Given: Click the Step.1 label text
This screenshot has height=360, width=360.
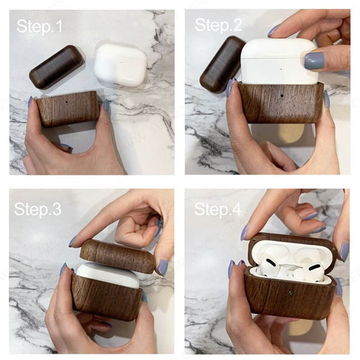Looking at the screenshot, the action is pyautogui.click(x=40, y=26).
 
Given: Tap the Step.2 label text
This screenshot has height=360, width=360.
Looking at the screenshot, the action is pyautogui.click(x=219, y=25).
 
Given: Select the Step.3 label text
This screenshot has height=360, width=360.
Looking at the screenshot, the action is pyautogui.click(x=37, y=209).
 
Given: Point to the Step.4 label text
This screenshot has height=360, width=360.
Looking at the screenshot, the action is pyautogui.click(x=218, y=209).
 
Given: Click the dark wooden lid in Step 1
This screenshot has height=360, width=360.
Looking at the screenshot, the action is pyautogui.click(x=57, y=67).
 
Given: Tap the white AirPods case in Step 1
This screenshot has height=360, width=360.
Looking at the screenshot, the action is pyautogui.click(x=121, y=65).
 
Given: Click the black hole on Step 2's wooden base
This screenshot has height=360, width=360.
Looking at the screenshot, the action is pyautogui.click(x=281, y=95).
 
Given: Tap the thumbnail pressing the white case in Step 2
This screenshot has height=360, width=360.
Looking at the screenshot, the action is pyautogui.click(x=315, y=61).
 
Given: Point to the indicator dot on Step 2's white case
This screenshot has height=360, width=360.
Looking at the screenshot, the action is pyautogui.click(x=281, y=69).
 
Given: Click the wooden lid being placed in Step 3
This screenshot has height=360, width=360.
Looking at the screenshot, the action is pyautogui.click(x=118, y=256).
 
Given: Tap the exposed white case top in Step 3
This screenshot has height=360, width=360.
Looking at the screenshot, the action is pyautogui.click(x=108, y=275).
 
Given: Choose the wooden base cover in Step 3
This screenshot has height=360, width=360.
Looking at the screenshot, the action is pyautogui.click(x=107, y=297).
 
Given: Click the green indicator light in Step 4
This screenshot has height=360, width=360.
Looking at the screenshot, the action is pyautogui.click(x=290, y=292).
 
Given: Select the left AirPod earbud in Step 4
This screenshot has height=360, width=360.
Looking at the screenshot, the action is pyautogui.click(x=268, y=267).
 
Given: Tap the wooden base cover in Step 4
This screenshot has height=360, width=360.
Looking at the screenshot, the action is pyautogui.click(x=289, y=296).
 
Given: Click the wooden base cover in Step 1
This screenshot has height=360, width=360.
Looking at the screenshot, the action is pyautogui.click(x=69, y=108).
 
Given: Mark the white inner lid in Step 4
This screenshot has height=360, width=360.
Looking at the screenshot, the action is pyautogui.click(x=290, y=252).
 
